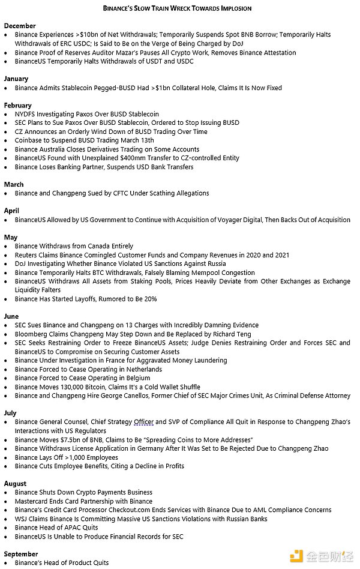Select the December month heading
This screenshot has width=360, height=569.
click(20, 26)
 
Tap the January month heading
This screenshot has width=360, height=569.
click(16, 79)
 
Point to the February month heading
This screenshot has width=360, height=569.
click(18, 105)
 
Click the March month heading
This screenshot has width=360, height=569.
click(14, 184)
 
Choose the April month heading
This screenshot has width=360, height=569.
click(12, 211)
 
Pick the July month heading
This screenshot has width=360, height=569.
click(10, 413)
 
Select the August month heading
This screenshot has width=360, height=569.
click(15, 483)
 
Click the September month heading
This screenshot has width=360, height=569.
click(20, 554)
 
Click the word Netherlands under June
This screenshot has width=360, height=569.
click(143, 369)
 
